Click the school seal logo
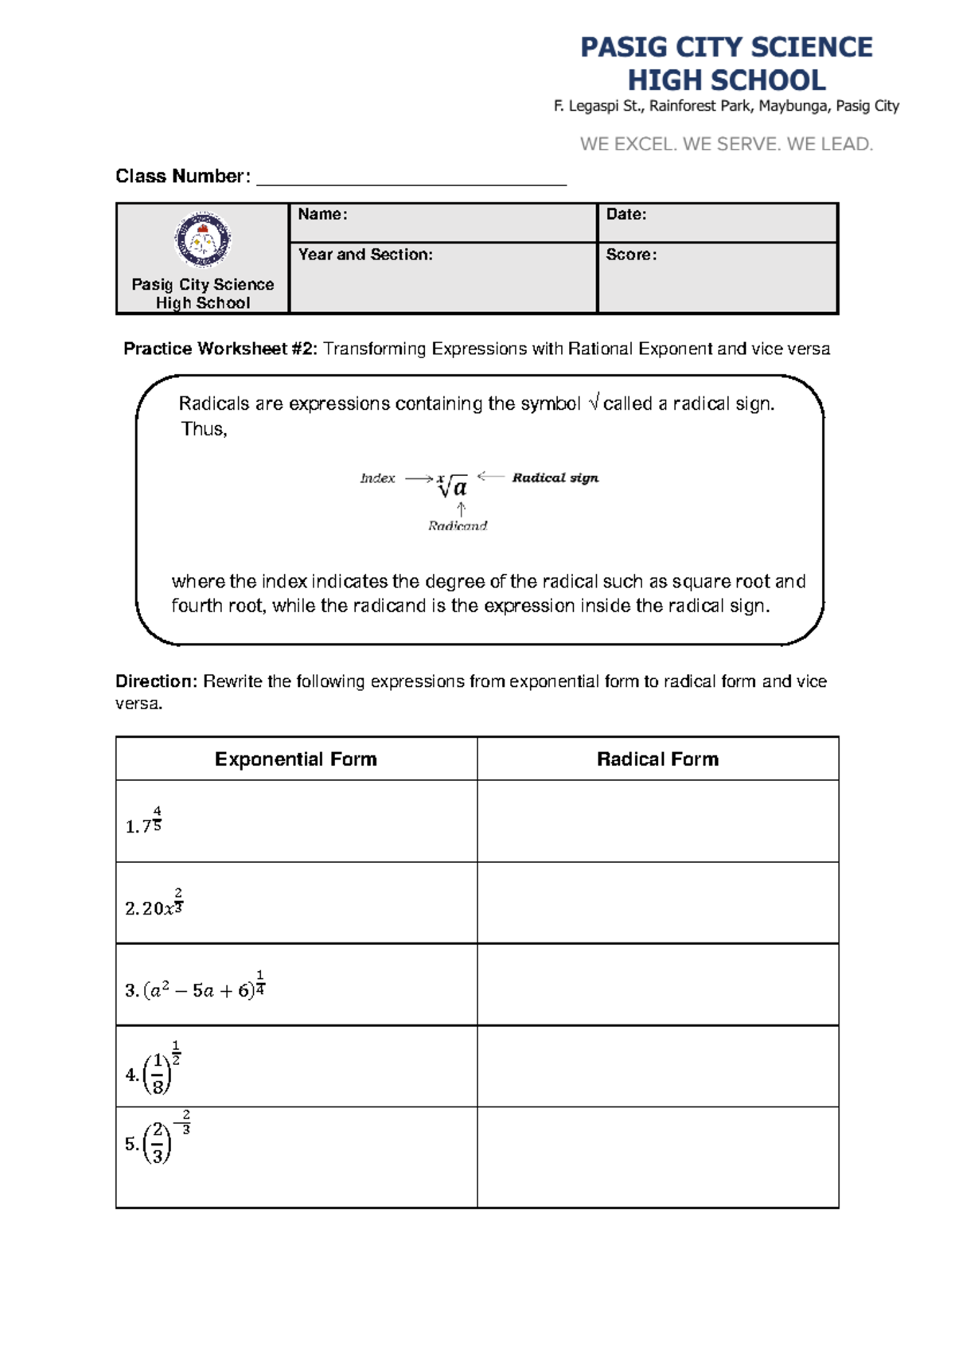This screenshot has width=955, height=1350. tap(203, 240)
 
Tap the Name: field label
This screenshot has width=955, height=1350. tap(322, 214)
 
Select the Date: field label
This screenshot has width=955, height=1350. tap(626, 214)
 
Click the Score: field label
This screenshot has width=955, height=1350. tap(631, 255)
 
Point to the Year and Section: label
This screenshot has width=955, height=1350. tap(365, 255)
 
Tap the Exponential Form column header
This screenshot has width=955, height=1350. tap(296, 759)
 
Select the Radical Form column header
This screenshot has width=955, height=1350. tap(657, 759)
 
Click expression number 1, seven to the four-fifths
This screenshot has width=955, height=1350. tap(145, 822)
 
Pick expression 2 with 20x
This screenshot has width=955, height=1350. tap(154, 904)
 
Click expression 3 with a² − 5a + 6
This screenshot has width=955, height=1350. tap(195, 987)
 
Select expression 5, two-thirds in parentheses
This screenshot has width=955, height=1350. tap(158, 1139)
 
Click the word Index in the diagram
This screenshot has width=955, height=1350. tap(377, 478)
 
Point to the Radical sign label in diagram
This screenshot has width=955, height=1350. tap(555, 478)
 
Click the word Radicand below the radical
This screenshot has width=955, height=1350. tap(458, 525)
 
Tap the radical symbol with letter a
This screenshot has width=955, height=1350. tap(453, 486)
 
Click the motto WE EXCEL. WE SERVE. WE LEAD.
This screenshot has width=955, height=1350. tap(726, 144)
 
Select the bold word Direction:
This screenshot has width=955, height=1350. tap(156, 681)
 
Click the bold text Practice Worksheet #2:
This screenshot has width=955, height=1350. tap(220, 349)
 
